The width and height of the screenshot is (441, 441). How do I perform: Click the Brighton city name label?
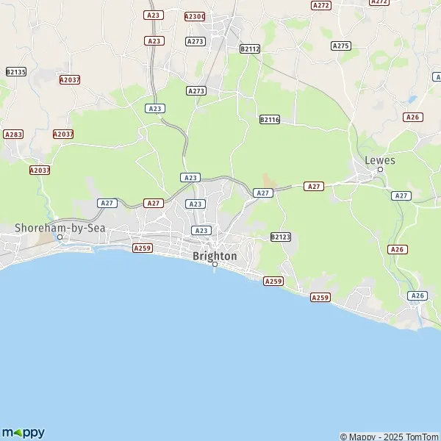(215, 256)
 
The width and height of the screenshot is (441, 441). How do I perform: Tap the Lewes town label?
(380, 160)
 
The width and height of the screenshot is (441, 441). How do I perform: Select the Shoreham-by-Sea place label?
(60, 228)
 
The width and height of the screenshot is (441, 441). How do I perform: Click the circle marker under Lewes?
(380, 170)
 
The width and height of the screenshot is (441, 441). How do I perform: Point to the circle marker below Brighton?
(215, 265)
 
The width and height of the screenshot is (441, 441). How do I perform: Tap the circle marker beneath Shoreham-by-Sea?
(60, 237)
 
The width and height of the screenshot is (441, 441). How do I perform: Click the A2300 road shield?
(195, 15)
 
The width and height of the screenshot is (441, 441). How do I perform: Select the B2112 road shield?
(250, 49)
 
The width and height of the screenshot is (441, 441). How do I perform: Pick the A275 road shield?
(340, 46)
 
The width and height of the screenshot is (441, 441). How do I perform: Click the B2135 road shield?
(15, 71)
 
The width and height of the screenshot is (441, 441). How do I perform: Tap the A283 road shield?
(13, 135)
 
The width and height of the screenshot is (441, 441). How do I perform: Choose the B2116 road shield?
(270, 119)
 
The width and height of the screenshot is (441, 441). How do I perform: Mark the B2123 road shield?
(281, 237)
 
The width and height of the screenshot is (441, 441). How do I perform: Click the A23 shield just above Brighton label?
(201, 230)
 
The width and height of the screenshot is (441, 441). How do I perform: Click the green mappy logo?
(24, 432)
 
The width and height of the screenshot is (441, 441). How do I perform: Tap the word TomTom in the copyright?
(422, 437)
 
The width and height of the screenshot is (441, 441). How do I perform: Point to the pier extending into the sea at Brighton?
(215, 270)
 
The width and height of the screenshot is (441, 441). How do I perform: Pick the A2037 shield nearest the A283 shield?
(63, 134)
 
